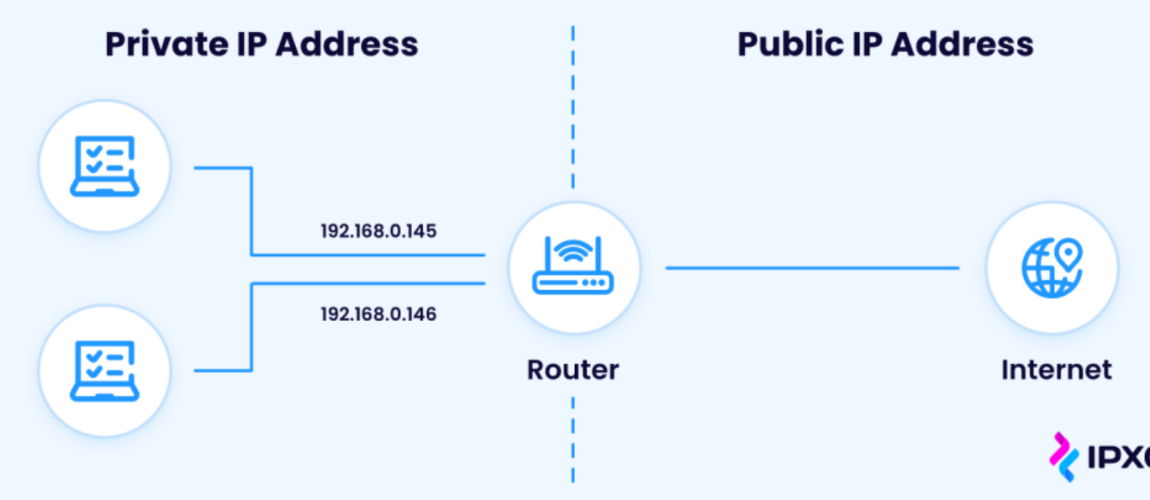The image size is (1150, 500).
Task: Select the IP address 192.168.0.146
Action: tap(378, 315)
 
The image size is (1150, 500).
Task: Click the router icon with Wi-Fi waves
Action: tap(573, 266)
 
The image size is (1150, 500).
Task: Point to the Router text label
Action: tap(572, 370)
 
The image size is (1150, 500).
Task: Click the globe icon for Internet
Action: tap(1052, 268)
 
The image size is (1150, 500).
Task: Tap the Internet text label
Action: tap(1056, 370)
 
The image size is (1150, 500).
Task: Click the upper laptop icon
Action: tap(103, 166)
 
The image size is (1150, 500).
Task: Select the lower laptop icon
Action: tap(103, 371)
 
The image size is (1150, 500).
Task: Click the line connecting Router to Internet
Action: tap(812, 268)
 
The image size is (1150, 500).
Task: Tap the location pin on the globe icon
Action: tap(1069, 252)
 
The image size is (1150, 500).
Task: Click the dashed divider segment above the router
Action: tap(573, 109)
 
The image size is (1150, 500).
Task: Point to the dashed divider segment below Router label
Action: tap(573, 437)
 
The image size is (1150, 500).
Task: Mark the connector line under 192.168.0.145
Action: tap(370, 255)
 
